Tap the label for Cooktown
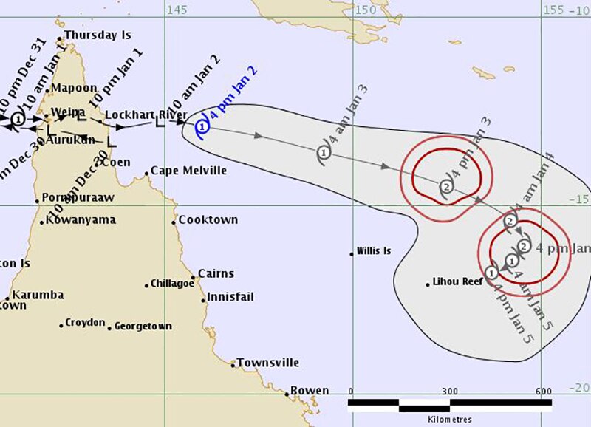(x=209, y=220)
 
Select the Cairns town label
(x=216, y=273)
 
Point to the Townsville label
(x=267, y=363)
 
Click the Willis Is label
(x=373, y=251)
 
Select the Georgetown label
(x=143, y=326)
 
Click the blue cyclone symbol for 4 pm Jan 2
(x=202, y=126)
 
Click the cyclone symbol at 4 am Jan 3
(x=324, y=152)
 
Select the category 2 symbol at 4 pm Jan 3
(x=445, y=187)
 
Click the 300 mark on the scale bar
(x=449, y=392)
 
